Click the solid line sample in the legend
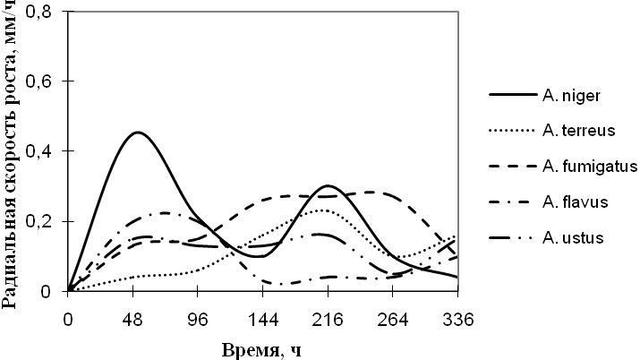pyautogui.click(x=511, y=94)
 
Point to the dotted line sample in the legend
pyautogui.click(x=511, y=131)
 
